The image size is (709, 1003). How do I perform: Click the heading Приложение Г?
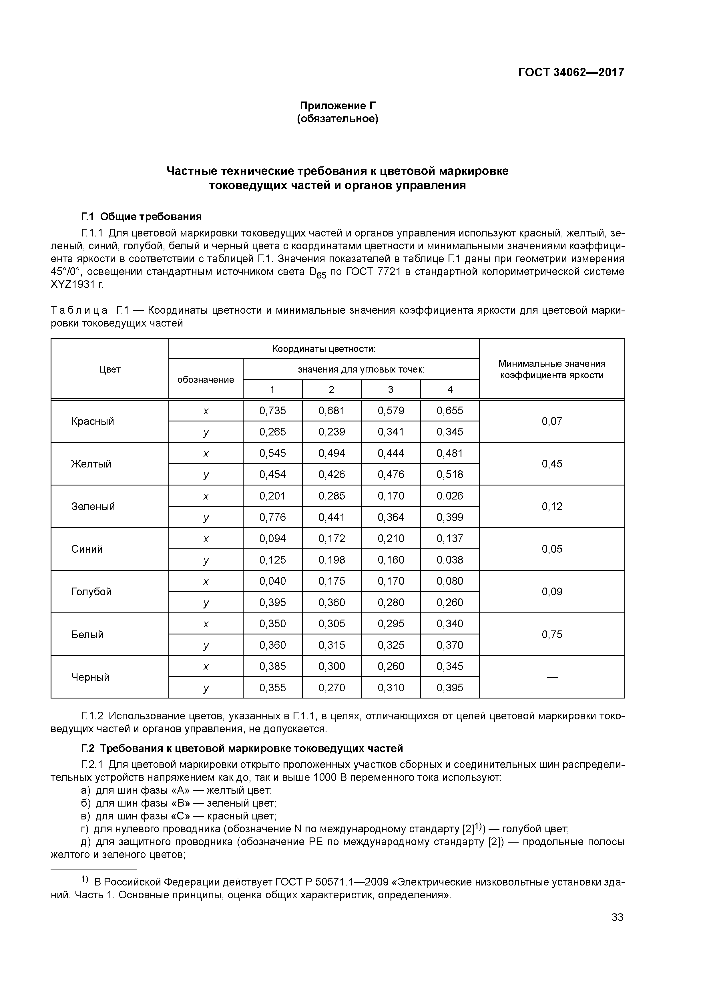337,106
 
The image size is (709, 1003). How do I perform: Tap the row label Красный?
93,421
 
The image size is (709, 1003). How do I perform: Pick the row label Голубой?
91,592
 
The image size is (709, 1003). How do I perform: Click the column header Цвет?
110,370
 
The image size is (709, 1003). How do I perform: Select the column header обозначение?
206,380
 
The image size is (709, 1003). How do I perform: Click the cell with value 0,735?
272,411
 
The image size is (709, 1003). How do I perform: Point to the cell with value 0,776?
272,517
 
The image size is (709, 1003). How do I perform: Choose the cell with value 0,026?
450,496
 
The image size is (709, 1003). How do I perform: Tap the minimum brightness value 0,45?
552,464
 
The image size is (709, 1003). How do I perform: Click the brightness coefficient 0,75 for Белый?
552,634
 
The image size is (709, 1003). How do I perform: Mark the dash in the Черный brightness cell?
552,677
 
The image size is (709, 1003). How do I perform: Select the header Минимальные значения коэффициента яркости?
552,370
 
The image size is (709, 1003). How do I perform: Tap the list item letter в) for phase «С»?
85,816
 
